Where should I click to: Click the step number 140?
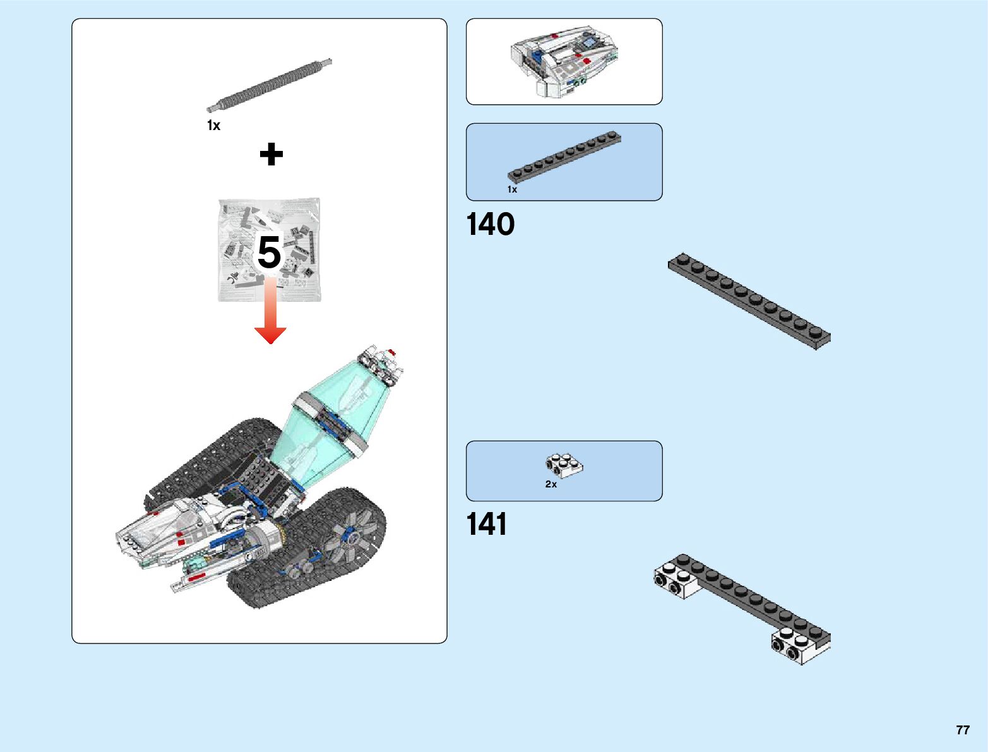pos(491,225)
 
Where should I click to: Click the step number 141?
pos(487,525)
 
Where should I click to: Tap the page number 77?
pos(962,730)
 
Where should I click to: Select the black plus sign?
pos(271,154)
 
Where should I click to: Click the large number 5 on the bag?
pos(269,253)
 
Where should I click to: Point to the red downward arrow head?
pos(270,335)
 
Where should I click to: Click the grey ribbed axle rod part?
pos(270,85)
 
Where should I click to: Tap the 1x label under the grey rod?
pos(214,126)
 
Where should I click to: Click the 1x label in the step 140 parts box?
pos(512,189)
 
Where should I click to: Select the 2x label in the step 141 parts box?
pos(551,484)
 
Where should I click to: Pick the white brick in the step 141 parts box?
pos(564,465)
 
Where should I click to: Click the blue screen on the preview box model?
pos(589,42)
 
